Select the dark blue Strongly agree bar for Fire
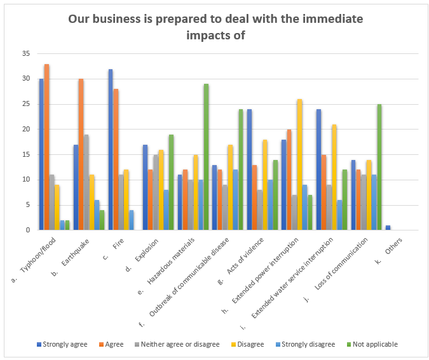[x=110, y=150]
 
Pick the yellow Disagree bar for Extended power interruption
[x=300, y=164]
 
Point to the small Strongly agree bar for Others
[x=388, y=227]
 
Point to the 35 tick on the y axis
[x=26, y=54]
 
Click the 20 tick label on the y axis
[x=26, y=130]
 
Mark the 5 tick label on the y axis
[x=28, y=205]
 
